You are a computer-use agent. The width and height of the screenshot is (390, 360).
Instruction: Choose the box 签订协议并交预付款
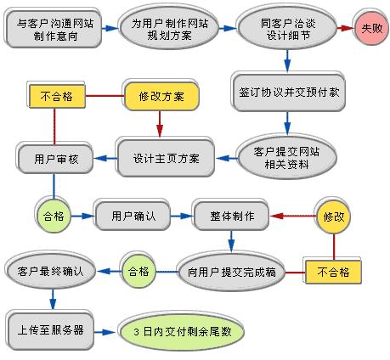pos(286,91)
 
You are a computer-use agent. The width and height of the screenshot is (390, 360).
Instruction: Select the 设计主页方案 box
pos(167,157)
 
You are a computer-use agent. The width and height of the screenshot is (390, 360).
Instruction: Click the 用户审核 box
pos(55,157)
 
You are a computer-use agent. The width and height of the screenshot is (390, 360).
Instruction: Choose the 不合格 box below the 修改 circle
pos(333,273)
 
